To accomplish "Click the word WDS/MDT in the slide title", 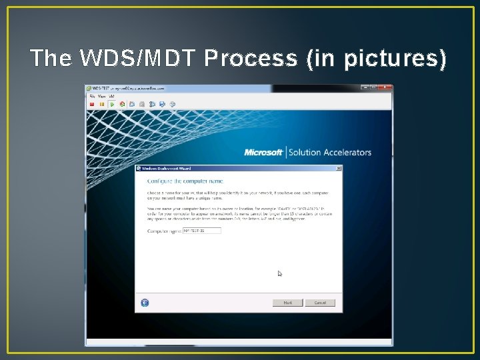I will point(138,58).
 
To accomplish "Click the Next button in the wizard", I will point(287,303).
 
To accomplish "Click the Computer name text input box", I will point(201,231).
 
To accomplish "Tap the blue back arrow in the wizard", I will point(145,303).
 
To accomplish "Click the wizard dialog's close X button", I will point(339,168).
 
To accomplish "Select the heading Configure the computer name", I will point(185,181).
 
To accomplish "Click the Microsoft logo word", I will point(263,152).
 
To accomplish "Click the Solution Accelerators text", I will point(329,152).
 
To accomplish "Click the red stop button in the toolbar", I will point(92,104).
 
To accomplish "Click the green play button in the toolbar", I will point(112,104).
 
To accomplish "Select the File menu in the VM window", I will point(93,96).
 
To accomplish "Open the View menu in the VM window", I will point(102,96).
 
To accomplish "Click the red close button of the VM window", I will point(386,87).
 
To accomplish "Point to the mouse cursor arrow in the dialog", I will point(280,273).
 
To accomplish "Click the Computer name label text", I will point(164,231).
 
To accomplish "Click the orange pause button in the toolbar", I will point(102,104).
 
